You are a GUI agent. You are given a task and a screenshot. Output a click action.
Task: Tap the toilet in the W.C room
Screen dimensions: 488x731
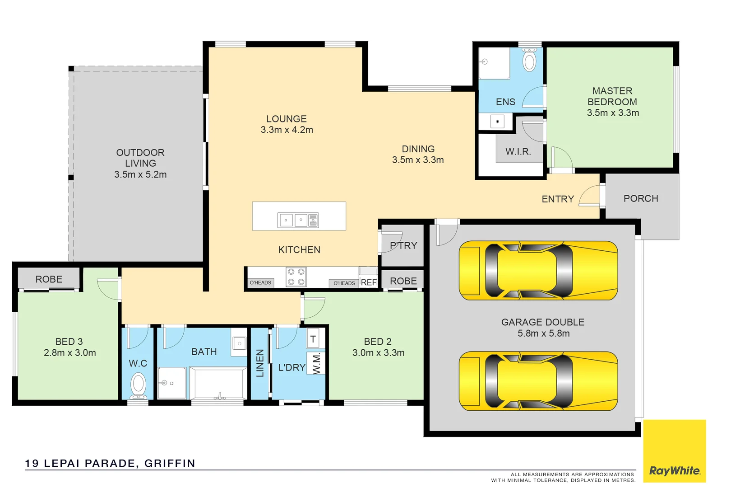[x=138, y=385]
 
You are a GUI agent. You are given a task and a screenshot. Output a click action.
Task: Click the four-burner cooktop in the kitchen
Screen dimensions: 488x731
[x=296, y=277]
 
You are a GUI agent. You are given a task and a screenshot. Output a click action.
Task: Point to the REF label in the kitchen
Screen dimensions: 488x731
[x=369, y=282]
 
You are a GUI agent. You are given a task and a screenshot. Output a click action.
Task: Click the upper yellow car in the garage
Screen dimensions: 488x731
[x=538, y=271]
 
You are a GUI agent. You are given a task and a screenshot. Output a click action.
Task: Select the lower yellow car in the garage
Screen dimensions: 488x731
[x=538, y=381]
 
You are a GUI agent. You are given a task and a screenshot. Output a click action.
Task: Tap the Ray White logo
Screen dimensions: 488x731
[x=674, y=470]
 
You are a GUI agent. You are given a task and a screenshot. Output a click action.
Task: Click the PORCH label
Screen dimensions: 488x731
[x=641, y=199]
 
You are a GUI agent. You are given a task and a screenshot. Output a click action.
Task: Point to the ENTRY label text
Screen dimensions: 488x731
[x=558, y=199]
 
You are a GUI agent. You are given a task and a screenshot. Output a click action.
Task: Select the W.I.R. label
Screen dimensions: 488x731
[x=518, y=152]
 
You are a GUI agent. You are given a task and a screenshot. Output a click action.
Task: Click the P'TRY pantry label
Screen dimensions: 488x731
[x=403, y=246]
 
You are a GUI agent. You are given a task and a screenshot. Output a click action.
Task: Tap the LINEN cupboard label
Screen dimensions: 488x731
[x=260, y=363]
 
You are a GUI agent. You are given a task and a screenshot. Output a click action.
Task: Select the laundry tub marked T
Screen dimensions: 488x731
[x=313, y=339]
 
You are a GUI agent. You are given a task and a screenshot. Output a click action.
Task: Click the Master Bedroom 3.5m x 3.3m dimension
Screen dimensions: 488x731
[x=613, y=113]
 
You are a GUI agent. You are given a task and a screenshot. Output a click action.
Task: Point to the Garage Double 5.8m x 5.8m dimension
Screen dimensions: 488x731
[x=543, y=333]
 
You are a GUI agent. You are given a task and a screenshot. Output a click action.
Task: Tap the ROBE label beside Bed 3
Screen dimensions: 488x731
[x=49, y=279]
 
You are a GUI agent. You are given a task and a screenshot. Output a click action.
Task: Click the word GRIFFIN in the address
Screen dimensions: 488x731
[x=170, y=463]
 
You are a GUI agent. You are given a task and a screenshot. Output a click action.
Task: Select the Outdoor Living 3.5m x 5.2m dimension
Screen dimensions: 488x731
[x=140, y=174]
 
